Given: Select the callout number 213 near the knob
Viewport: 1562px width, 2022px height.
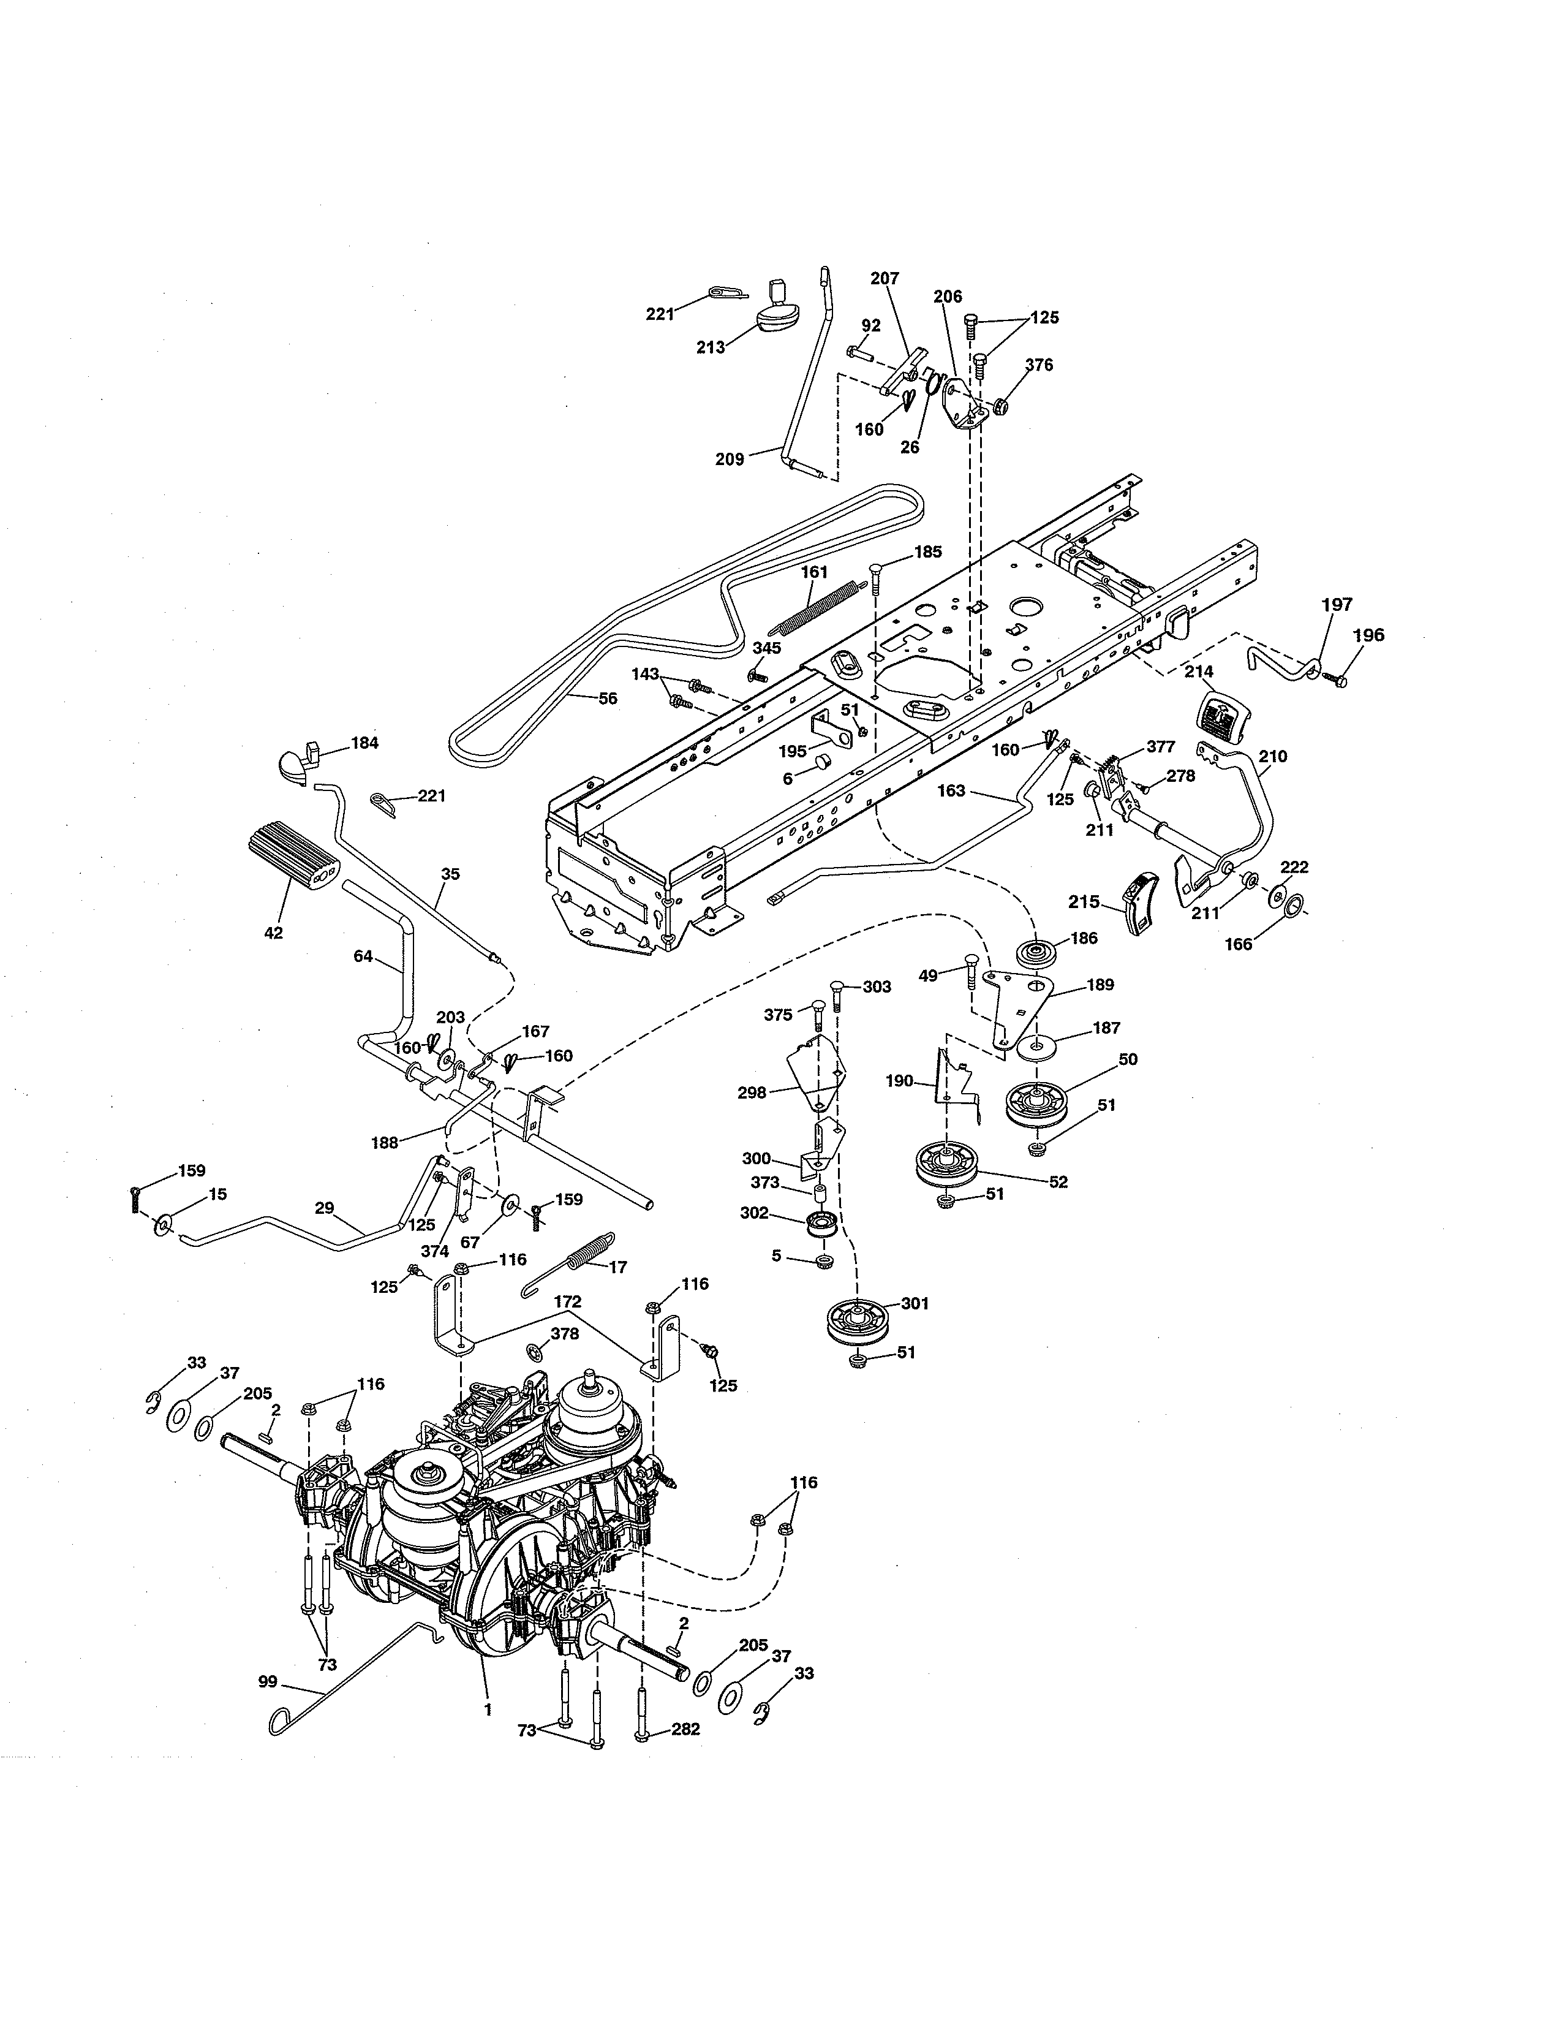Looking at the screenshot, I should point(711,347).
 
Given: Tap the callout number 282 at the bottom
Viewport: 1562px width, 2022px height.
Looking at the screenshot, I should point(685,1729).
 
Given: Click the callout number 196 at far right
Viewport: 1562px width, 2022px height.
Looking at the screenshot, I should point(1368,635).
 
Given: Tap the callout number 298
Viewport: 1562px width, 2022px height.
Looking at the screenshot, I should point(752,1092).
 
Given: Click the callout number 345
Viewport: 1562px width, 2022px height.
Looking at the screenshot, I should point(766,648).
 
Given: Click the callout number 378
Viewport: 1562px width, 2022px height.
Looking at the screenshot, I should point(565,1334).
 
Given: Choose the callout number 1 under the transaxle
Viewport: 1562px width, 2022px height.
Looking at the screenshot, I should point(488,1708).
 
